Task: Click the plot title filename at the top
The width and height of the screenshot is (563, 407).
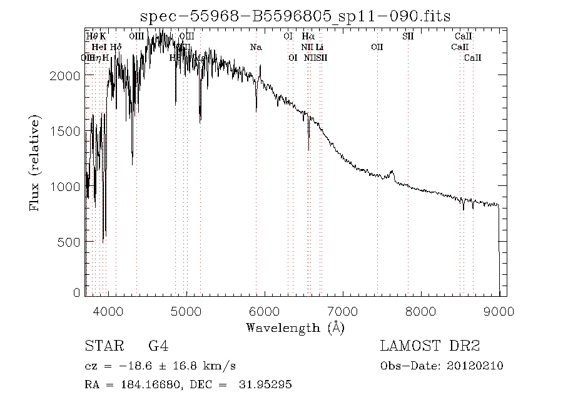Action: (295, 16)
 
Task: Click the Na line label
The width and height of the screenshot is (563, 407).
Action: (255, 47)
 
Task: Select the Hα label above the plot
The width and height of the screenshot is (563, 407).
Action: (307, 36)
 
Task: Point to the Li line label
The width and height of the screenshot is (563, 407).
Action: (320, 47)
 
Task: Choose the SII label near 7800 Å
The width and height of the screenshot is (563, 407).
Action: (408, 36)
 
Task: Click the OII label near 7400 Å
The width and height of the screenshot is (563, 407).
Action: (377, 47)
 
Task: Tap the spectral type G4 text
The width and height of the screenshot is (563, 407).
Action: (158, 346)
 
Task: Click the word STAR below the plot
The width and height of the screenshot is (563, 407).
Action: (100, 346)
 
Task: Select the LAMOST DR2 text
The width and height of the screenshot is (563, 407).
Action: (430, 346)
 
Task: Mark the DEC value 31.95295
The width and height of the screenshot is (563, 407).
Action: (265, 384)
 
